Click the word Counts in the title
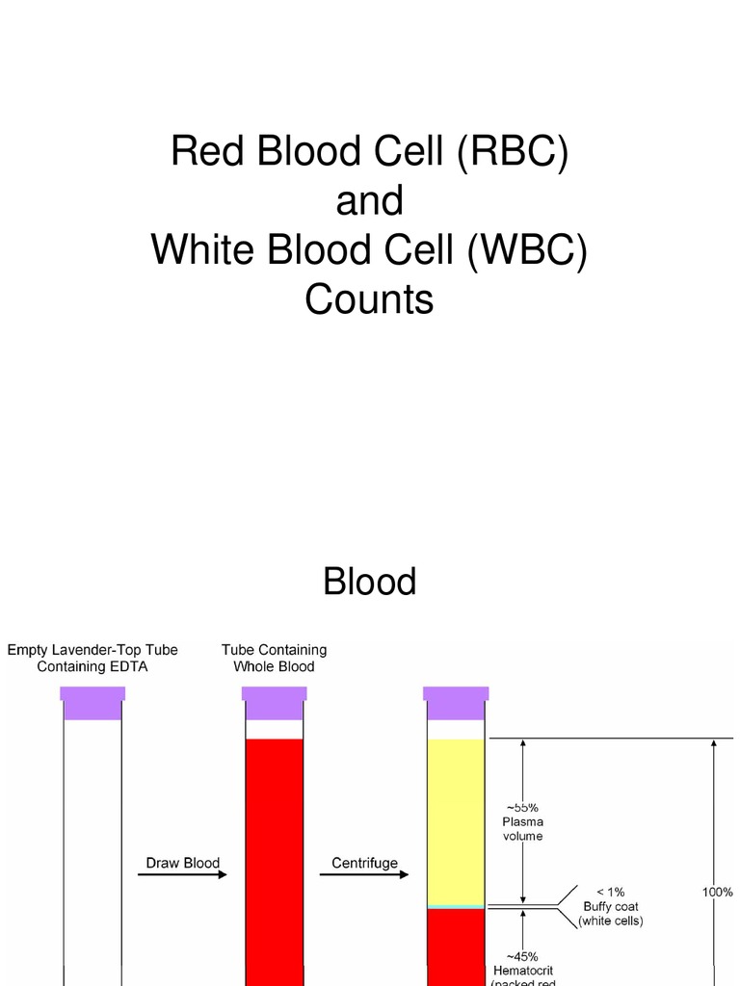[x=369, y=300]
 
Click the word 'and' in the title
[x=369, y=201]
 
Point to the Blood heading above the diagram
[x=369, y=582]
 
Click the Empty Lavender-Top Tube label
[x=92, y=659]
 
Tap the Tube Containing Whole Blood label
[x=274, y=659]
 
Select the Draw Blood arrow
[x=182, y=874]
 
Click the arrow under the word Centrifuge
[x=364, y=874]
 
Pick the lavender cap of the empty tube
[x=92, y=703]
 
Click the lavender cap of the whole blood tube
[x=274, y=703]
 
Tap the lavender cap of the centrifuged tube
[x=455, y=703]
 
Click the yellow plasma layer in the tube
[x=455, y=818]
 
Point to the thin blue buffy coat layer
[x=455, y=907]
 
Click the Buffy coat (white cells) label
[x=611, y=907]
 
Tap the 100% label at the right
[x=717, y=893]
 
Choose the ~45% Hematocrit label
[x=522, y=963]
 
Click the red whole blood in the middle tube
[x=274, y=857]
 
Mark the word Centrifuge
[x=364, y=863]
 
